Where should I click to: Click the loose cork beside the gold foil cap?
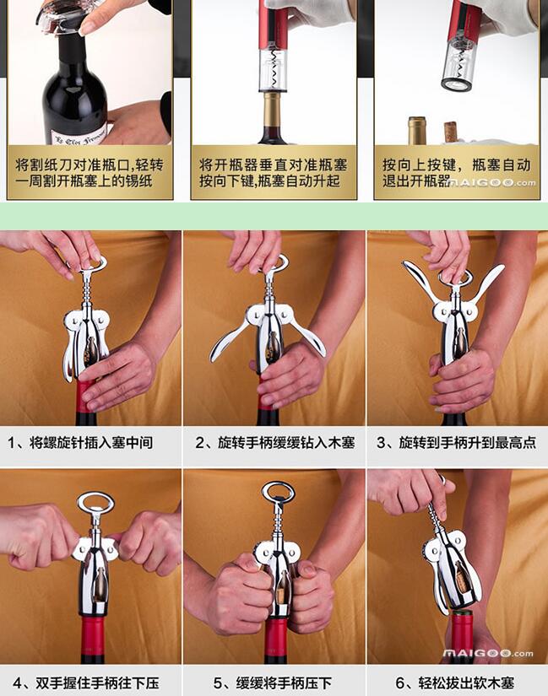tap(451, 132)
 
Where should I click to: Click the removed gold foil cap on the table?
tap(417, 131)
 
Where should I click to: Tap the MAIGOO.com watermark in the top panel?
tap(492, 182)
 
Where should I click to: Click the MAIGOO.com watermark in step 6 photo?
tap(488, 653)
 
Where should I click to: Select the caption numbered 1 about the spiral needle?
tap(80, 443)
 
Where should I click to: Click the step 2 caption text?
tap(275, 443)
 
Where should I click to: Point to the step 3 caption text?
tap(457, 443)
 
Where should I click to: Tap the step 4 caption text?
tap(85, 683)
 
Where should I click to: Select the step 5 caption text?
tap(273, 683)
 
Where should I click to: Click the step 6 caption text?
tap(454, 683)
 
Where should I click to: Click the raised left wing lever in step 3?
tap(420, 282)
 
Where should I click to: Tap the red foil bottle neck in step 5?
tap(276, 639)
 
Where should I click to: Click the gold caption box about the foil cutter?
tap(90, 172)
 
